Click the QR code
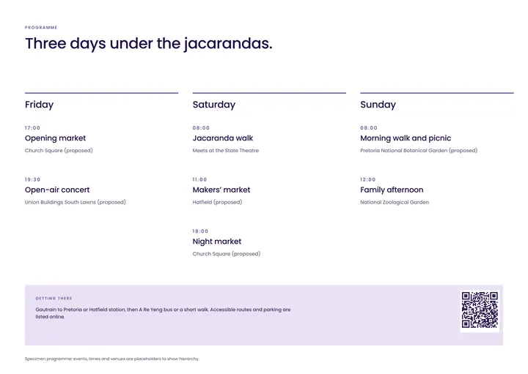pos(480,310)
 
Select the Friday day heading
pos(39,105)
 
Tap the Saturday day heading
pos(214,105)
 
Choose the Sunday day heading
pos(378,105)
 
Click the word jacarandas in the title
pos(228,44)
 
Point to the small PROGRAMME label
pos(41,28)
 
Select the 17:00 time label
pos(32,127)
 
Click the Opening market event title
pos(55,138)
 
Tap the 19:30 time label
pos(32,179)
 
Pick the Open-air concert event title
pos(57,190)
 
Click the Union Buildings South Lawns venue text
pos(75,202)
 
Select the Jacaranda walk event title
pos(223,138)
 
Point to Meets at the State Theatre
pos(226,151)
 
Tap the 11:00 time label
pos(199,179)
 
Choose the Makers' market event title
pos(221,190)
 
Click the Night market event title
pos(217,242)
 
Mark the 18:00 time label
pos(200,231)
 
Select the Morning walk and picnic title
pos(406,138)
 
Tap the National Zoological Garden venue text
pos(395,202)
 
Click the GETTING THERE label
pos(54,299)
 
